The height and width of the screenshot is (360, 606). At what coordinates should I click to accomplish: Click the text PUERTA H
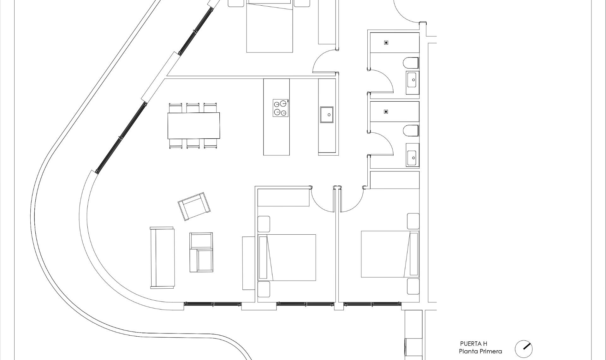[x=473, y=344]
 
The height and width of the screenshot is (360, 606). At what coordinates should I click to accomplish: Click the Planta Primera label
[x=480, y=351]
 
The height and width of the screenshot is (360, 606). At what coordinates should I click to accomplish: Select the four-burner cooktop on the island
[x=281, y=108]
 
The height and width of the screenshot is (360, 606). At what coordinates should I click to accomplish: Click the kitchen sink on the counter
[x=327, y=114]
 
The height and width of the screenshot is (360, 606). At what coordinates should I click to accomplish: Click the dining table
[x=193, y=125]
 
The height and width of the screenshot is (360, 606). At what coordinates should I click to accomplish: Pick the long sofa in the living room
[x=162, y=257]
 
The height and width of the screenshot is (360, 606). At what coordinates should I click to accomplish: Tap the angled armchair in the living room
[x=194, y=206]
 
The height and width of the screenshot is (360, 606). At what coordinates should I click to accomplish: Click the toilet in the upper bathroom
[x=411, y=63]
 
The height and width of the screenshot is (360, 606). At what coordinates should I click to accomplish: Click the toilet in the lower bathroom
[x=411, y=130]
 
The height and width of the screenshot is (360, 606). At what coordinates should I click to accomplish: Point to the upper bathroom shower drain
[x=386, y=43]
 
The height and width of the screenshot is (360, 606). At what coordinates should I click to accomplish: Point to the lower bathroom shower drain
[x=386, y=111]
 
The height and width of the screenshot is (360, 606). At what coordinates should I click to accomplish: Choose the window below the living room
[x=212, y=304]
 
